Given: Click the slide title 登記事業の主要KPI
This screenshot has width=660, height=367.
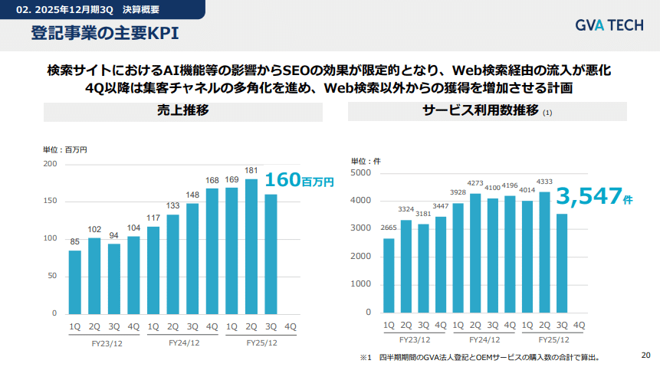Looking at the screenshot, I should [x=105, y=34].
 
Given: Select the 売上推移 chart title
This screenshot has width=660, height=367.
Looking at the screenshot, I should [x=182, y=111].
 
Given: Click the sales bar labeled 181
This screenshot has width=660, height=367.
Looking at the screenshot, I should [x=251, y=246].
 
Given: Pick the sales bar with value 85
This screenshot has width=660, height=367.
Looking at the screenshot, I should [x=74, y=282].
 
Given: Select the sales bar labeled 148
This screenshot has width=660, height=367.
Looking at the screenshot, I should [x=192, y=258].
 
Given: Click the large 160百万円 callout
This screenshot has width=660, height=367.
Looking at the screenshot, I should [x=300, y=182].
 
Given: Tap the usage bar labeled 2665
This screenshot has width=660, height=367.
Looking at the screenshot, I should [x=389, y=275].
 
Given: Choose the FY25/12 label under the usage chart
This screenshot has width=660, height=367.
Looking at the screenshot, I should [x=553, y=339].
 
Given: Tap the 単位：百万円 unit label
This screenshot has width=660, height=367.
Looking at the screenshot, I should [x=64, y=150].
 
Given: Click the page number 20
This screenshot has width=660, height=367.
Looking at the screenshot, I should [x=645, y=355].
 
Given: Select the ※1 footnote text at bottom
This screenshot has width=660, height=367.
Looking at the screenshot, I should [x=479, y=357].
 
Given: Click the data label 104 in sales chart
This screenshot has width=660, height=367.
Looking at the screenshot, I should [x=133, y=228].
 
